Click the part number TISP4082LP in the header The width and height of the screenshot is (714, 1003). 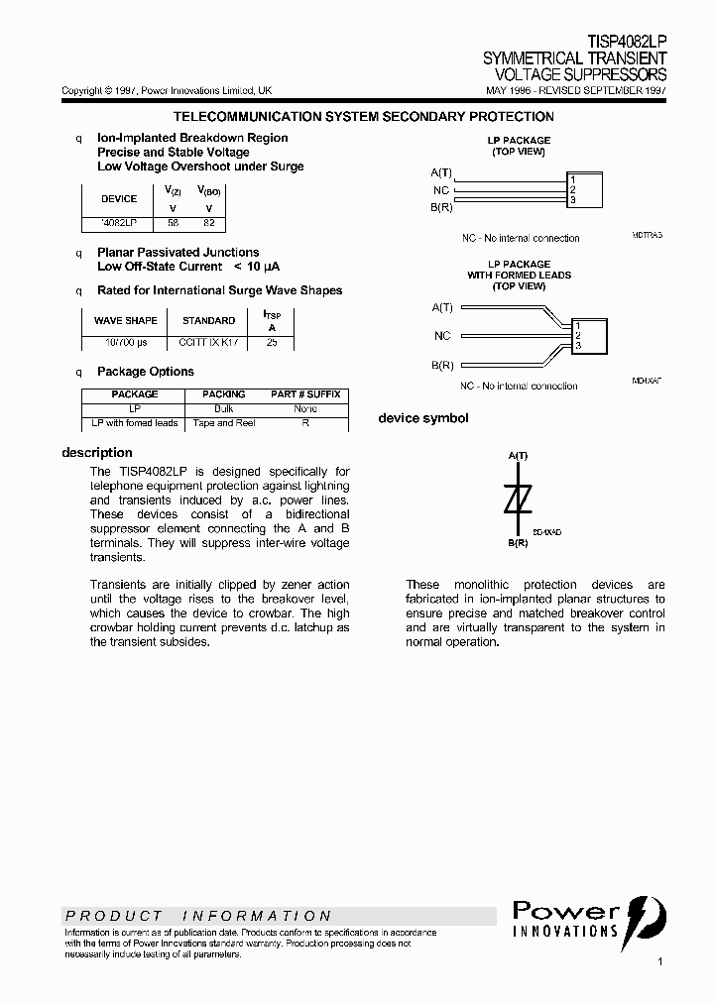coord(627,43)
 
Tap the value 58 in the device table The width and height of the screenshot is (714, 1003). coord(173,224)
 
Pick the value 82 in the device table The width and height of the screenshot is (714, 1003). coord(208,224)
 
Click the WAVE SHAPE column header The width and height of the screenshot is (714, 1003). coord(125,321)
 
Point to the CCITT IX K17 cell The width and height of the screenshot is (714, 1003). coord(208,341)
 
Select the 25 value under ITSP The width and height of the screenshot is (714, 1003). coord(273,341)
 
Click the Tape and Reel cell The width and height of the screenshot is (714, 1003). coord(223,423)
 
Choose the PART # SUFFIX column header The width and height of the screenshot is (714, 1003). coord(305,394)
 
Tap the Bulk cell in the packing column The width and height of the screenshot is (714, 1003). coord(223,408)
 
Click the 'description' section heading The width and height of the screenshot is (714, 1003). coord(97,453)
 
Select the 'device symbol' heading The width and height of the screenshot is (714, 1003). coord(423,418)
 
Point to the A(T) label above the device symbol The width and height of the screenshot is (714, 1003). coord(518,455)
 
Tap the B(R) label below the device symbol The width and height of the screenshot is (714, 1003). coord(518,544)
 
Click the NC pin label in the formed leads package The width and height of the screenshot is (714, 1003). coord(442,336)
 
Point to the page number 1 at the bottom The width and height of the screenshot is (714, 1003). coord(659,961)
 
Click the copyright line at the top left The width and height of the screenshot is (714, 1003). coord(167,90)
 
